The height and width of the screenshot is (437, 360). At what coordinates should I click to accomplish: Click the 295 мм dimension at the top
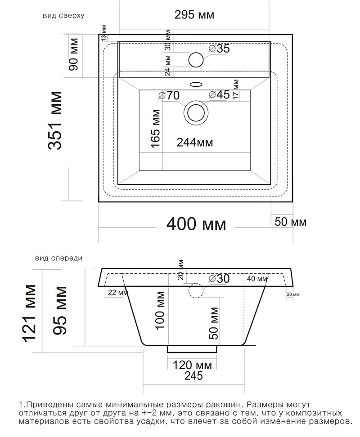[x=194, y=14]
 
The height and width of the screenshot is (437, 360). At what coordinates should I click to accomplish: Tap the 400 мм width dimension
[x=196, y=224]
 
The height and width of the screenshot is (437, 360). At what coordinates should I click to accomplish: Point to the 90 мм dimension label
[x=74, y=54]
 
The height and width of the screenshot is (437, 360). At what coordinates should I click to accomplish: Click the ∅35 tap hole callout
[x=219, y=49]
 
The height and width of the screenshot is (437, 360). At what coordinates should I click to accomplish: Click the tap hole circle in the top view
[x=196, y=60]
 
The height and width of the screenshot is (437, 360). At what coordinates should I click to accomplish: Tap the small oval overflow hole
[x=196, y=84]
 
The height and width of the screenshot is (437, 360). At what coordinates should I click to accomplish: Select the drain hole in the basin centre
[x=196, y=113]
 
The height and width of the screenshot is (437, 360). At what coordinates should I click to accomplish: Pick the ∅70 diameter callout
[x=169, y=96]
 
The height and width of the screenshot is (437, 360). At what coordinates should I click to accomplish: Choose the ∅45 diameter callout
[x=219, y=95]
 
